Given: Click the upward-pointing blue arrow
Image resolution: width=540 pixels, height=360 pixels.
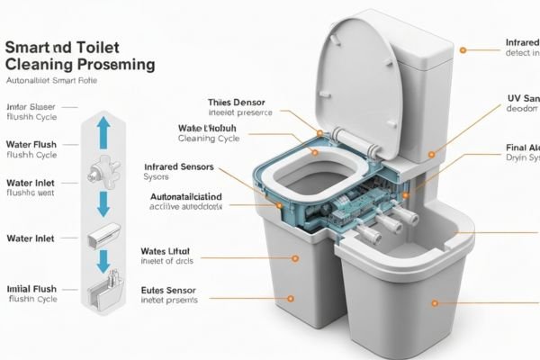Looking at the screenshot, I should (101, 129).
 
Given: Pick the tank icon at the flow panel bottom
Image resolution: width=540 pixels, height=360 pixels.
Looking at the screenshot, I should (101, 296).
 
